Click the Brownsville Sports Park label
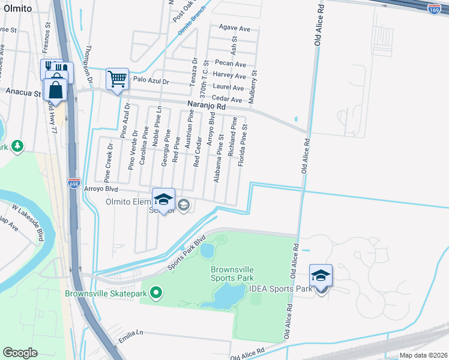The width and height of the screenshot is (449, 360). click(x=232, y=274)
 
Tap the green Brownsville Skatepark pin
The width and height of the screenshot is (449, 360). click(x=157, y=293)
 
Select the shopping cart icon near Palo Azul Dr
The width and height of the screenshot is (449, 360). click(x=117, y=79)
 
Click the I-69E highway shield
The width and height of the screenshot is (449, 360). click(x=74, y=183)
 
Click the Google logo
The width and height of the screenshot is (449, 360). click(x=20, y=353)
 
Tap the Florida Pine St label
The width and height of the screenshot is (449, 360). click(x=244, y=145)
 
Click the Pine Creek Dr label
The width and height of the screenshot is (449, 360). click(x=108, y=163)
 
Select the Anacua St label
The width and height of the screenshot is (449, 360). click(x=23, y=93)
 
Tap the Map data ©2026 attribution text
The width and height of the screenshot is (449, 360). click(x=423, y=355)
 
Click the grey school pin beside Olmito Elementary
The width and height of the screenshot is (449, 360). click(x=184, y=206)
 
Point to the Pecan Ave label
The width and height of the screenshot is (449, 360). click(x=232, y=64)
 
